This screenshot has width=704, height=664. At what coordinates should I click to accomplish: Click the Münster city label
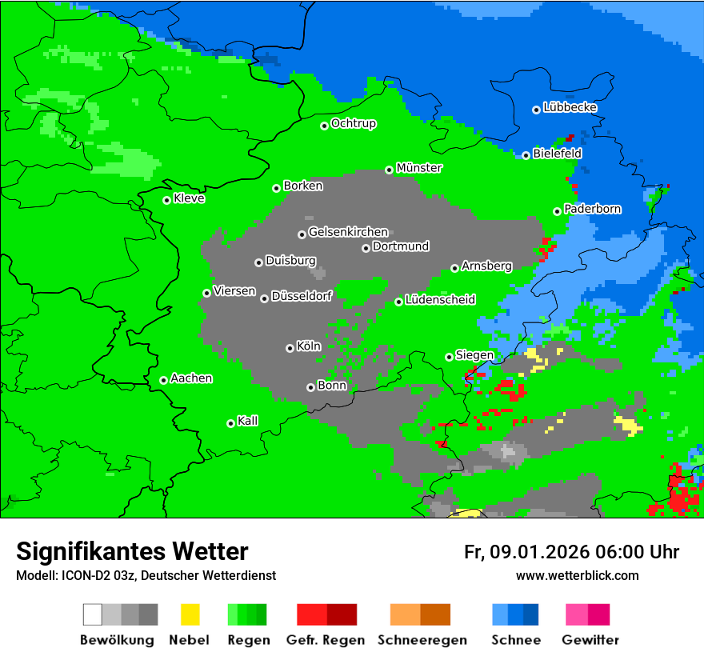[419, 168]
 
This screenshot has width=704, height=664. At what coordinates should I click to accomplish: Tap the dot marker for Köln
[290, 348]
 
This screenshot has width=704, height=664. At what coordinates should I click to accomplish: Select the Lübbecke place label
[570, 107]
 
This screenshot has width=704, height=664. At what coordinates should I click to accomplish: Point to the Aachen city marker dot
[163, 380]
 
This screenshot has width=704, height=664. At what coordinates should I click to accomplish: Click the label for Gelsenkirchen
[348, 232]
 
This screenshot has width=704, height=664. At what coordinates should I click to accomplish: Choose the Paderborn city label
[593, 209]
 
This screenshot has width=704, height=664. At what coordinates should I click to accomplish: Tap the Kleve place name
[189, 198]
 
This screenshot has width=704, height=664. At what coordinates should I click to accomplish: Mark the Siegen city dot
[449, 357]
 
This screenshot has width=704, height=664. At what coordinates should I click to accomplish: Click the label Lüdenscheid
[440, 300]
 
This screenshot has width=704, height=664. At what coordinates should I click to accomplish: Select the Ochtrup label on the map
[354, 123]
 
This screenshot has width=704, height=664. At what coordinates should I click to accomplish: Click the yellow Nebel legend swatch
[190, 614]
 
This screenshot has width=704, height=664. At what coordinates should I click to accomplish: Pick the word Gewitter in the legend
[590, 640]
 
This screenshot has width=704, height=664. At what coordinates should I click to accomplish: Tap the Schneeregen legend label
[420, 640]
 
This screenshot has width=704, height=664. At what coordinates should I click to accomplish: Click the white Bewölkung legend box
[92, 614]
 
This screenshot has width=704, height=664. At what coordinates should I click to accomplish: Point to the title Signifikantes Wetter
[132, 551]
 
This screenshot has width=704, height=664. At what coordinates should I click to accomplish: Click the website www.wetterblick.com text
[577, 575]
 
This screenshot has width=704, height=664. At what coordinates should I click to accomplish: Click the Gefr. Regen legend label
[326, 640]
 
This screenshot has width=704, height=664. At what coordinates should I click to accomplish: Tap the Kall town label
[248, 421]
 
